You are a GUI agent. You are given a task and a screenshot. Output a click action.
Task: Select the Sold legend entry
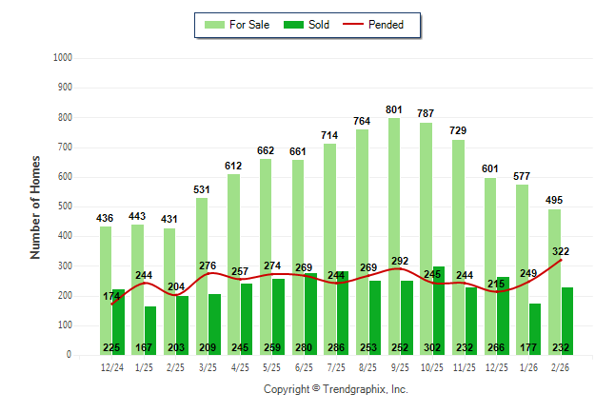(x=308, y=25)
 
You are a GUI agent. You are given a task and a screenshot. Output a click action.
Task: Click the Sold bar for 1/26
(x=536, y=324)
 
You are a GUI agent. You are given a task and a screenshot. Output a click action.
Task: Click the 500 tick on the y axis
(x=64, y=206)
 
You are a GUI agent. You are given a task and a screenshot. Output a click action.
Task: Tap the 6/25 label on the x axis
(x=273, y=366)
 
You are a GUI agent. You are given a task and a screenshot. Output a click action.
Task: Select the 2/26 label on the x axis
(x=562, y=366)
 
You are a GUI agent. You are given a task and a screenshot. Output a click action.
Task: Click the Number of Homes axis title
(x=35, y=206)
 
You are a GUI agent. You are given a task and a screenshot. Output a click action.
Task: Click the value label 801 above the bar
(x=394, y=109)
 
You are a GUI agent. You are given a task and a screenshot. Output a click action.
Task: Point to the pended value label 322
(x=561, y=251)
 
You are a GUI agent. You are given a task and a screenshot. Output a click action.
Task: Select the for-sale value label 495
(x=555, y=200)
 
